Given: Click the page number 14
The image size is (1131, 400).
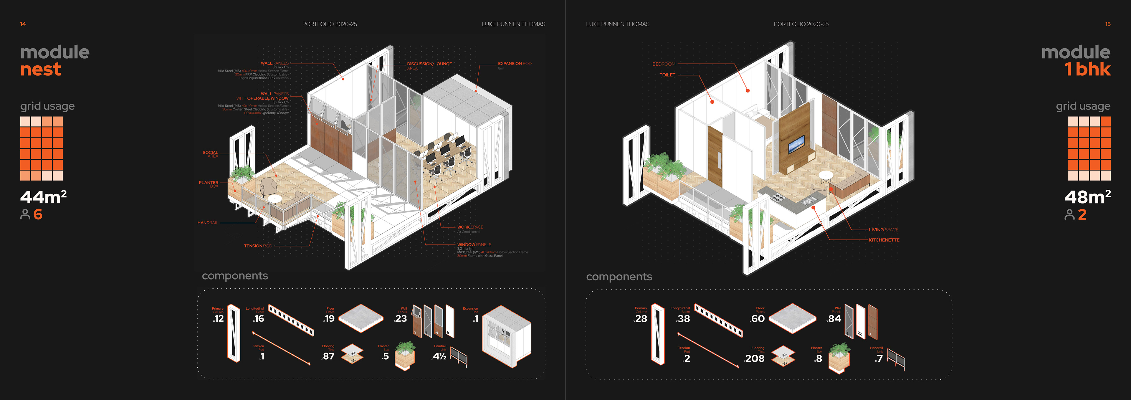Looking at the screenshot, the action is point(23,24).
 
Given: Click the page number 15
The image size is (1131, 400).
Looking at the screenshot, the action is point(1108,24).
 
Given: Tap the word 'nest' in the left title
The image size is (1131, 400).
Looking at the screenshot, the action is point(40,70).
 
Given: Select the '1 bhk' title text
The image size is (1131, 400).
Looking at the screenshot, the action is point(1087,70).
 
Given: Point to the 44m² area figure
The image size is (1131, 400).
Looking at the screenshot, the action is point(43,197).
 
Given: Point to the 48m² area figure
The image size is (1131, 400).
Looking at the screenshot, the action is point(1087,197).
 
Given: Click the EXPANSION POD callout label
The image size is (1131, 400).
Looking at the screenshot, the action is point(514,64).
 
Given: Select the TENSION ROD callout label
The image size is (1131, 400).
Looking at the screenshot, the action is point(258,246).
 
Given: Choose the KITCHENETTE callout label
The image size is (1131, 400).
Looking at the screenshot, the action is point(884,240).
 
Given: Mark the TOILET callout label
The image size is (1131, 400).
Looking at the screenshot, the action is point(667,75).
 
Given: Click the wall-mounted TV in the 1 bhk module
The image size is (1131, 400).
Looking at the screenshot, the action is point(796,144).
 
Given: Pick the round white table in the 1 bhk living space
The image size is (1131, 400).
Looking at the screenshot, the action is point(825,176).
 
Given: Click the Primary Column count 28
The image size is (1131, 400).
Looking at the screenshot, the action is point(641,319).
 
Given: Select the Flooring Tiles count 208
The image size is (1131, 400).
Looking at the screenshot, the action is point(755,358).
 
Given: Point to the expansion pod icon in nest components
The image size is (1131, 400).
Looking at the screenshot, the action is point(506,336).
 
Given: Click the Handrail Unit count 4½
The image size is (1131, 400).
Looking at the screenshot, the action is point(439,356).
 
